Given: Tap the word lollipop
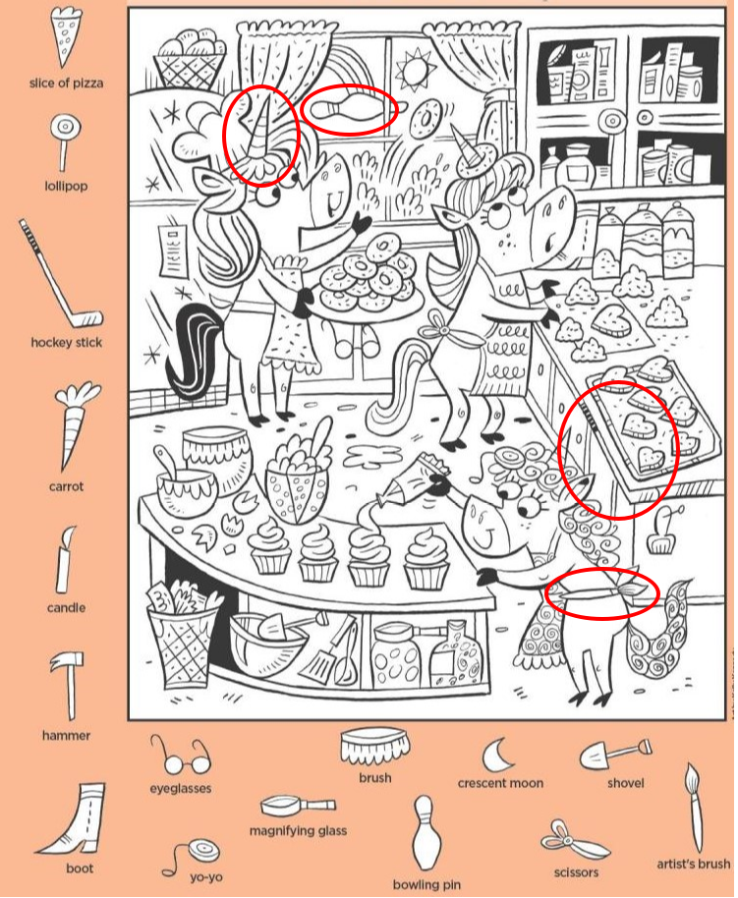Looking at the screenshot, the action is [66, 186].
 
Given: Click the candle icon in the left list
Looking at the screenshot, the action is [64, 561].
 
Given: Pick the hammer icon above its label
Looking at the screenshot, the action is [68, 685].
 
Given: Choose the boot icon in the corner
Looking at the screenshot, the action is [74, 820].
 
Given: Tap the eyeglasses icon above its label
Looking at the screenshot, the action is [181, 756].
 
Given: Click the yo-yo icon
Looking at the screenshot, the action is [194, 855].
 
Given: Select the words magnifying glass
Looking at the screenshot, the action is [298, 830].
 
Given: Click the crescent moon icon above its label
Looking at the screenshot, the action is [495, 755].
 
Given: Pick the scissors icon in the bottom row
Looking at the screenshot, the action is [573, 840].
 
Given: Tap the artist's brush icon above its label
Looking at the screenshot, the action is [694, 807].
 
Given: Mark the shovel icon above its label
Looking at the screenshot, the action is [614, 754].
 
